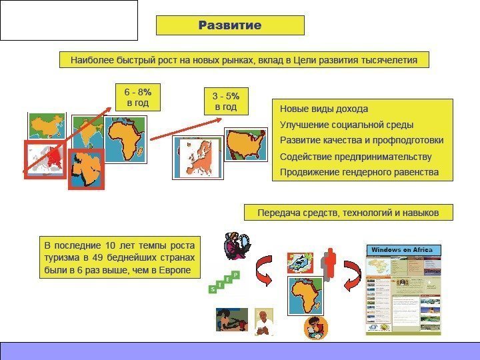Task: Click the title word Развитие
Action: click(230, 25)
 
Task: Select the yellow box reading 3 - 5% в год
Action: click(224, 101)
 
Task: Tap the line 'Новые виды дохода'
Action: click(323, 109)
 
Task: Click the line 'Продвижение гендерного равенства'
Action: click(359, 173)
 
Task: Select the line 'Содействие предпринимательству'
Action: click(355, 157)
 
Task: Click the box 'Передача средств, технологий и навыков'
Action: click(349, 213)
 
